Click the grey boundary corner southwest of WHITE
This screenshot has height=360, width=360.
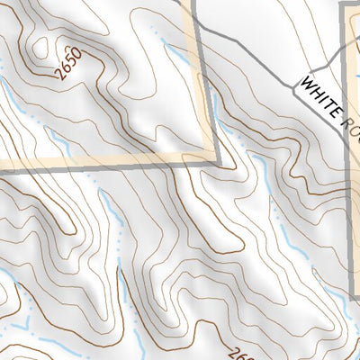point(218,161)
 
